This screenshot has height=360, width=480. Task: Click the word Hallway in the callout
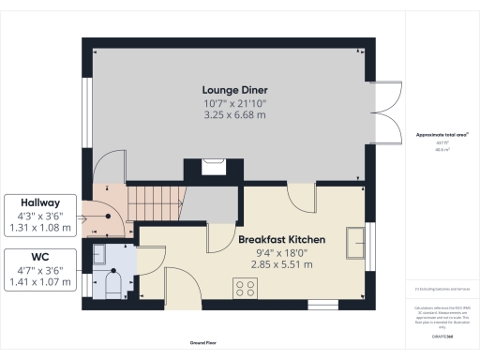[x=41, y=202]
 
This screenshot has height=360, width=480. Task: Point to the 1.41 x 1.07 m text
[x=41, y=280]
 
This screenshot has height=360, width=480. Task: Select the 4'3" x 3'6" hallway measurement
[x=41, y=215]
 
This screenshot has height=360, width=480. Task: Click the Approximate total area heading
[x=442, y=135]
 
